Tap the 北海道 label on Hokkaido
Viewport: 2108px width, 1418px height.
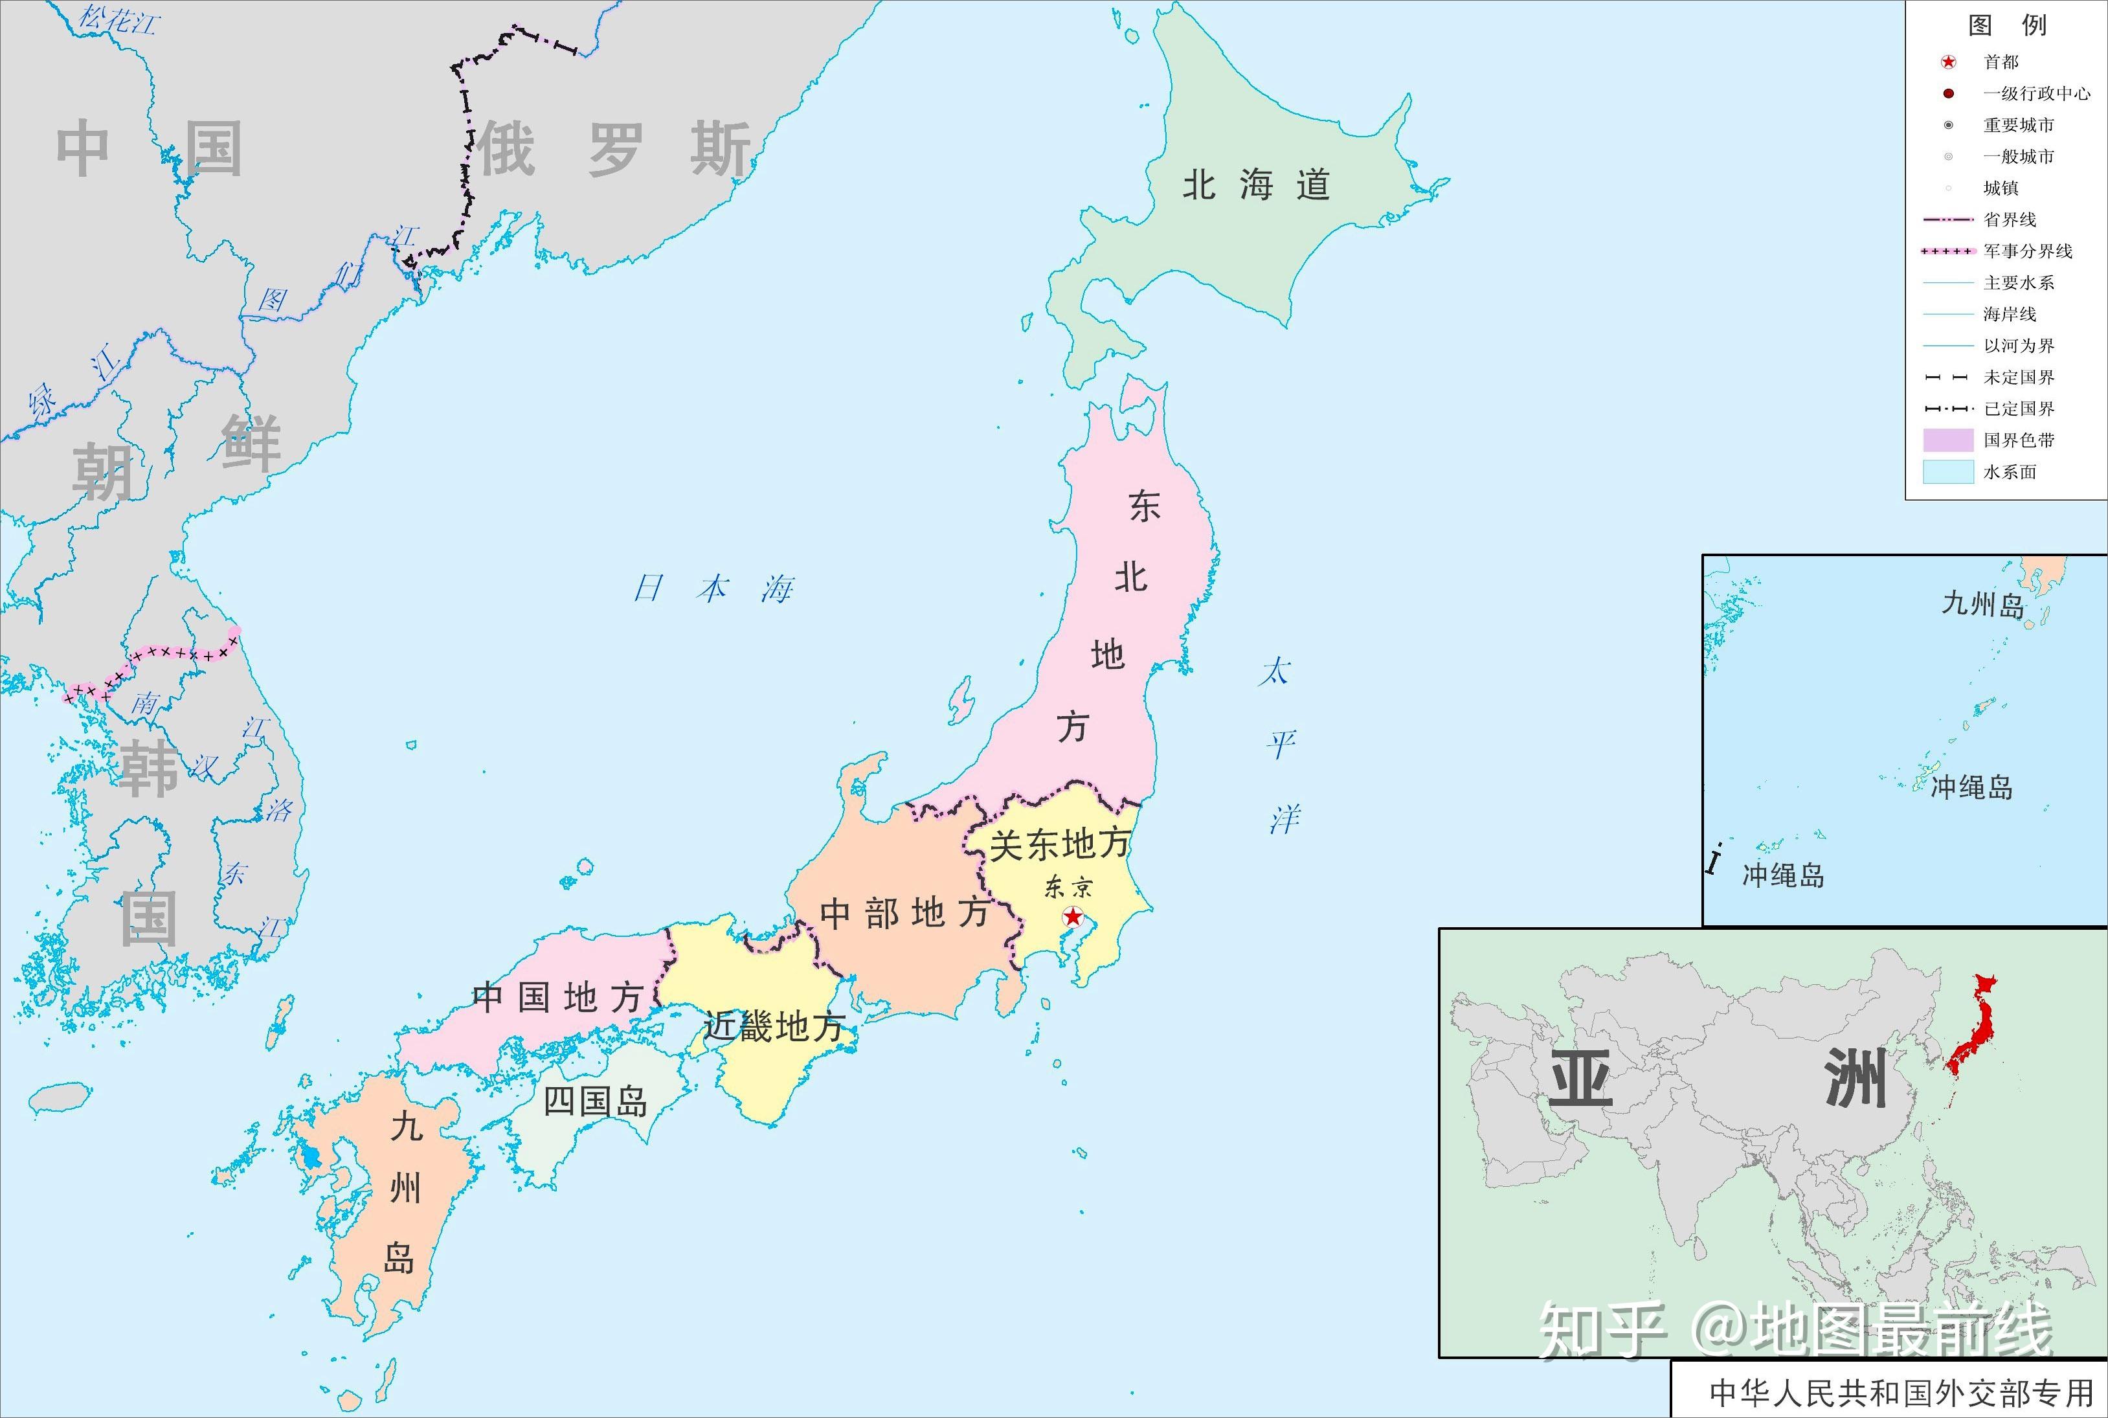click(x=1256, y=185)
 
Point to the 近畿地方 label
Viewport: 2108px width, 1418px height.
click(x=774, y=1026)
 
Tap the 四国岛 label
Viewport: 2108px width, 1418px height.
click(x=596, y=1101)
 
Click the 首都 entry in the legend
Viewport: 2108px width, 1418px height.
click(x=2001, y=62)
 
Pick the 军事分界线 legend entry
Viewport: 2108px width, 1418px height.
click(x=2028, y=251)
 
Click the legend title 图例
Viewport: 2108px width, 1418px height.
click(x=2007, y=25)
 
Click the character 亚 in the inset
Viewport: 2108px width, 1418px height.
click(x=1581, y=1078)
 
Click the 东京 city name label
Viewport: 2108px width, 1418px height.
click(x=1068, y=887)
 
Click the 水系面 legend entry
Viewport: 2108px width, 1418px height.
click(x=2010, y=472)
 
